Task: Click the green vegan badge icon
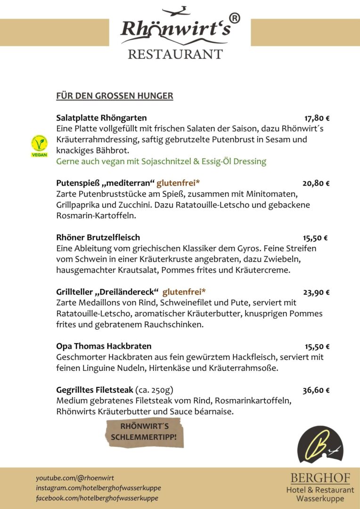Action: [39, 146]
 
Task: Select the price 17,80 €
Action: [317, 118]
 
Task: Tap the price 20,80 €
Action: [316, 183]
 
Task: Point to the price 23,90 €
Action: [316, 292]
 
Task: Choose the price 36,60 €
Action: [316, 390]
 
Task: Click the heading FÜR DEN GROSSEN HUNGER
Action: [115, 96]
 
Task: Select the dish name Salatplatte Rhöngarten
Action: [101, 118]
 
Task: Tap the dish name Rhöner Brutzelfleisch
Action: [98, 238]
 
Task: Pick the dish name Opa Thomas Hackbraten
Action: [104, 346]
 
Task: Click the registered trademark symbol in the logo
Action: [234, 18]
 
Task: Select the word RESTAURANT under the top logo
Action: [175, 54]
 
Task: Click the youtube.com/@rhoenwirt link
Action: [75, 478]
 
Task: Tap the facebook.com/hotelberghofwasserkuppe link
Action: [97, 498]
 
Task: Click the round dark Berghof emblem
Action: [320, 445]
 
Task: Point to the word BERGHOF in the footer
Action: [320, 478]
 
